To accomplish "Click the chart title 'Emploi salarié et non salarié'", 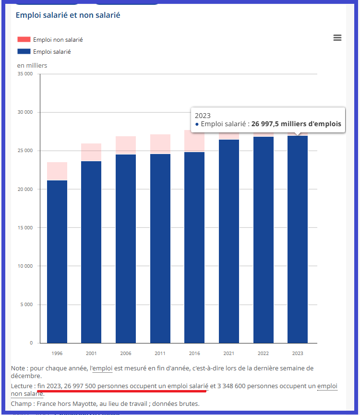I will pyautogui.click(x=68, y=15).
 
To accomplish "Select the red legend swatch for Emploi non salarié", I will pyautogui.click(x=24, y=39).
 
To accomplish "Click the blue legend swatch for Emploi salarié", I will pyautogui.click(x=24, y=51).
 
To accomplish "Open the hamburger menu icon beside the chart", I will pyautogui.click(x=337, y=38).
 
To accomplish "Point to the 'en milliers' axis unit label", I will pyautogui.click(x=32, y=65).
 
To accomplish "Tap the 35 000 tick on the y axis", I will pyautogui.click(x=25, y=74).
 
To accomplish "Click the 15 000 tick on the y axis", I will pyautogui.click(x=25, y=228).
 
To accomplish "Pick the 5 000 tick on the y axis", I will pyautogui.click(x=26, y=305).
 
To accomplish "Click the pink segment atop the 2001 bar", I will pyautogui.click(x=91, y=152).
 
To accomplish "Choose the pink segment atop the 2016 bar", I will pyautogui.click(x=194, y=141).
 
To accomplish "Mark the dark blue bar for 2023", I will pyautogui.click(x=298, y=240).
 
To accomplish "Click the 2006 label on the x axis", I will pyautogui.click(x=126, y=354).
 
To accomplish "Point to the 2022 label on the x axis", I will pyautogui.click(x=263, y=354).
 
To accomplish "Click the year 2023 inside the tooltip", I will pyautogui.click(x=203, y=116).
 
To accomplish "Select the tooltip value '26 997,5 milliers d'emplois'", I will pyautogui.click(x=296, y=124).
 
